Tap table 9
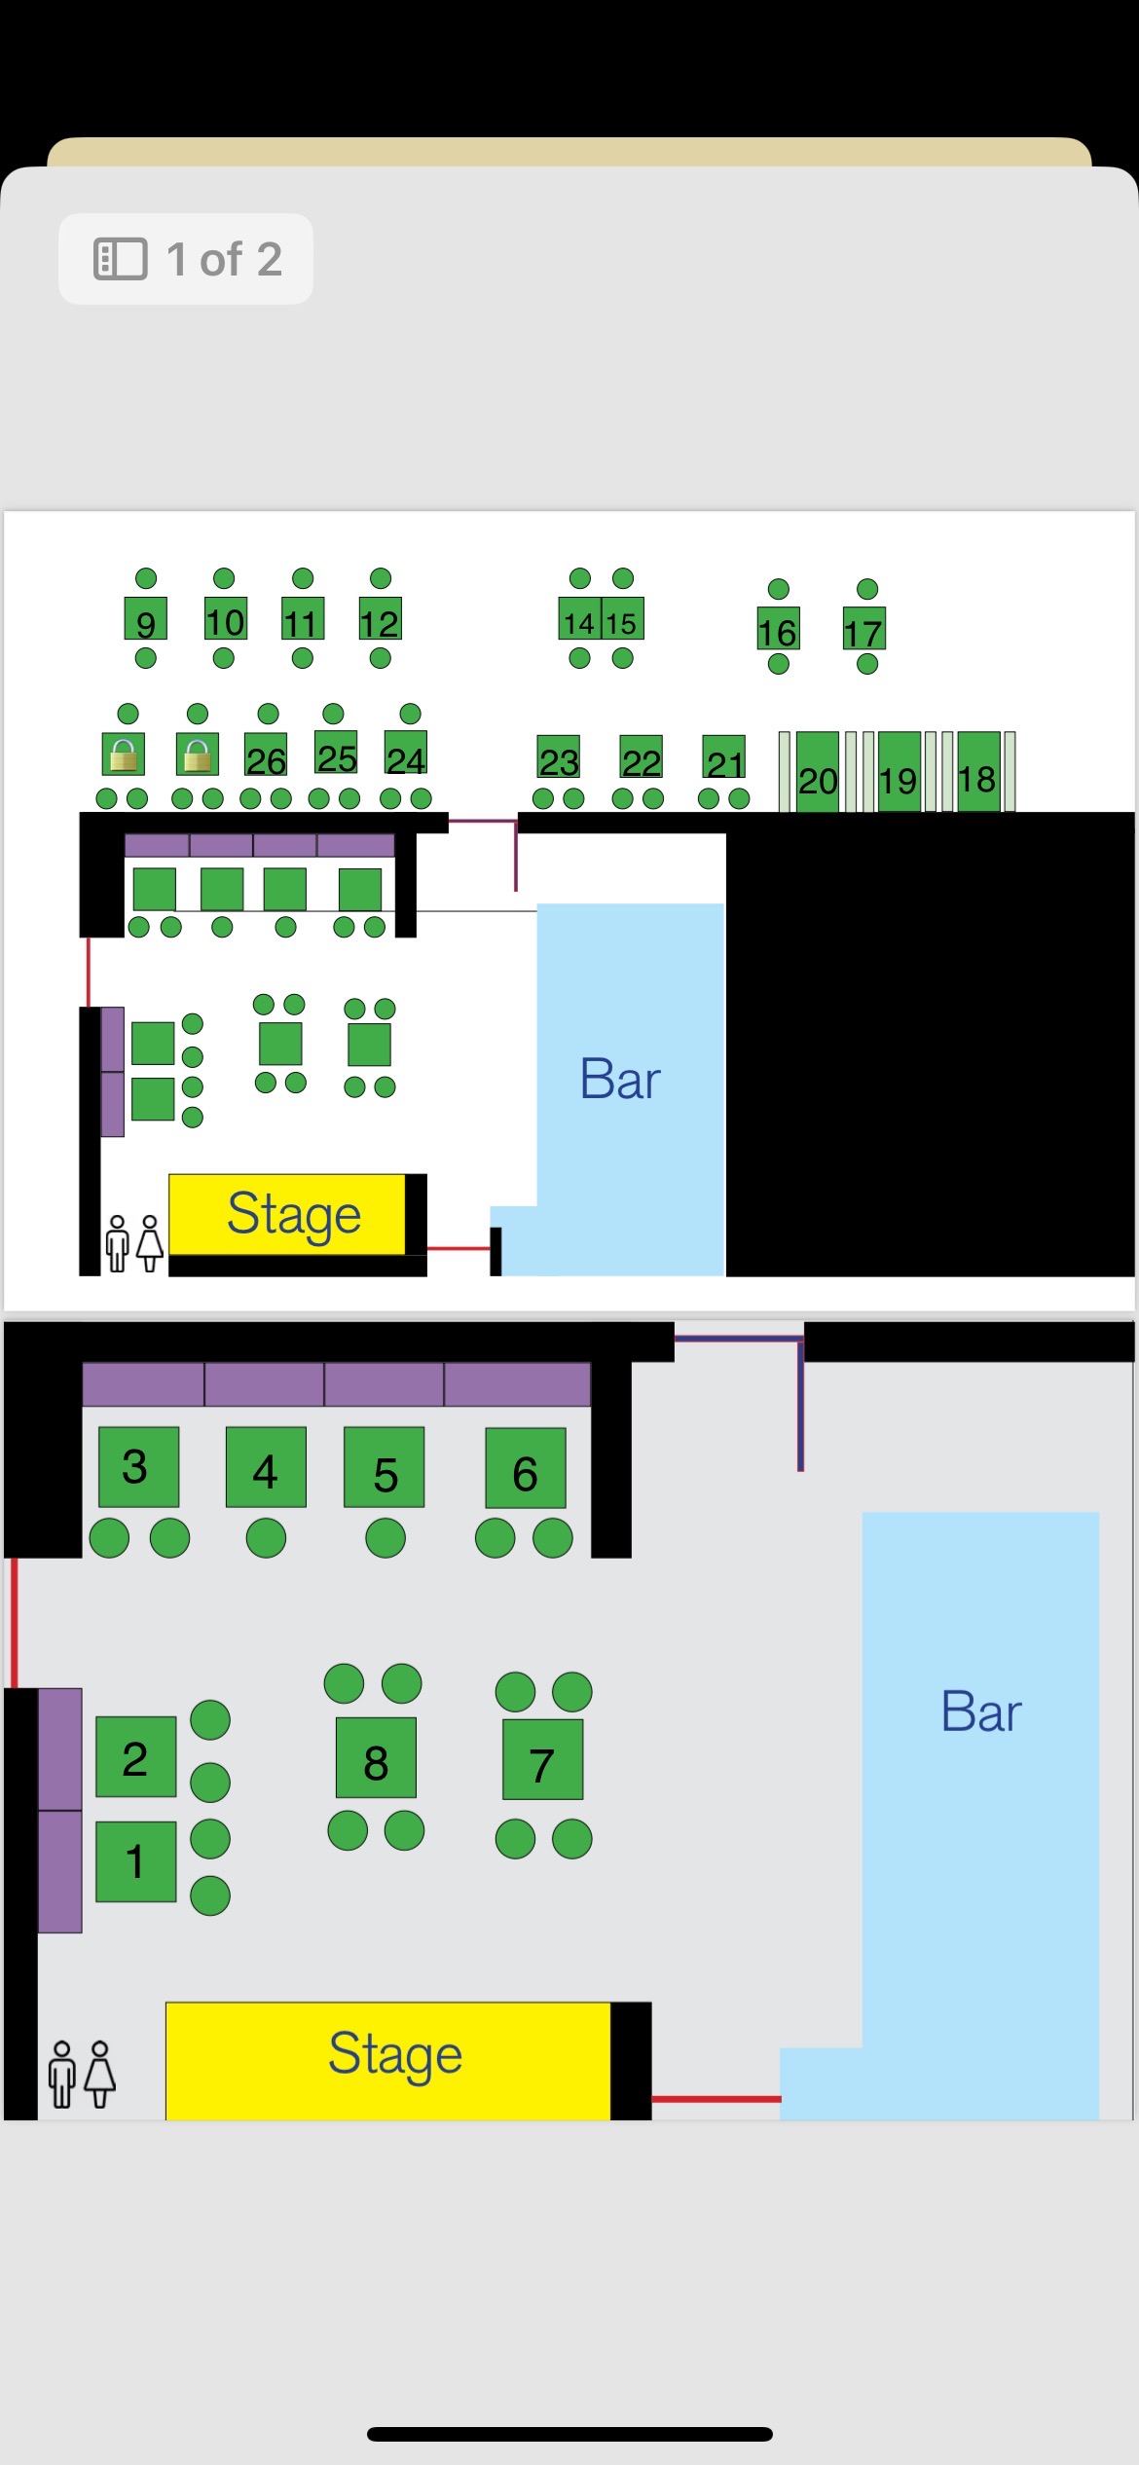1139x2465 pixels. (x=146, y=619)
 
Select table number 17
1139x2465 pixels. (x=863, y=631)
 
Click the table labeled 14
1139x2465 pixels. (x=579, y=620)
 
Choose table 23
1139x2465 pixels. (x=559, y=757)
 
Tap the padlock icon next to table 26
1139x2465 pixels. (x=198, y=754)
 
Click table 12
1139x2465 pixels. (x=380, y=619)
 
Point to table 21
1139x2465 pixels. (x=724, y=758)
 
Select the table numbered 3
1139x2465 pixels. (x=138, y=1467)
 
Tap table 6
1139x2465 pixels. (x=526, y=1468)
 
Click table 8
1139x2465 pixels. (x=376, y=1758)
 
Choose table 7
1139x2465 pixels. (x=542, y=1760)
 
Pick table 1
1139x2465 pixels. (x=135, y=1861)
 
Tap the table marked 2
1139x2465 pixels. (x=135, y=1756)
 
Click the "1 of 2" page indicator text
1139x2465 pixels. (x=224, y=259)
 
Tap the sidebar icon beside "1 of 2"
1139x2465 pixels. (x=120, y=259)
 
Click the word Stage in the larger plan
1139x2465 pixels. (x=394, y=2053)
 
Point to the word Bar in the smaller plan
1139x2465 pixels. (x=620, y=1079)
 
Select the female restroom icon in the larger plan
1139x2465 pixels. (x=100, y=2073)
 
